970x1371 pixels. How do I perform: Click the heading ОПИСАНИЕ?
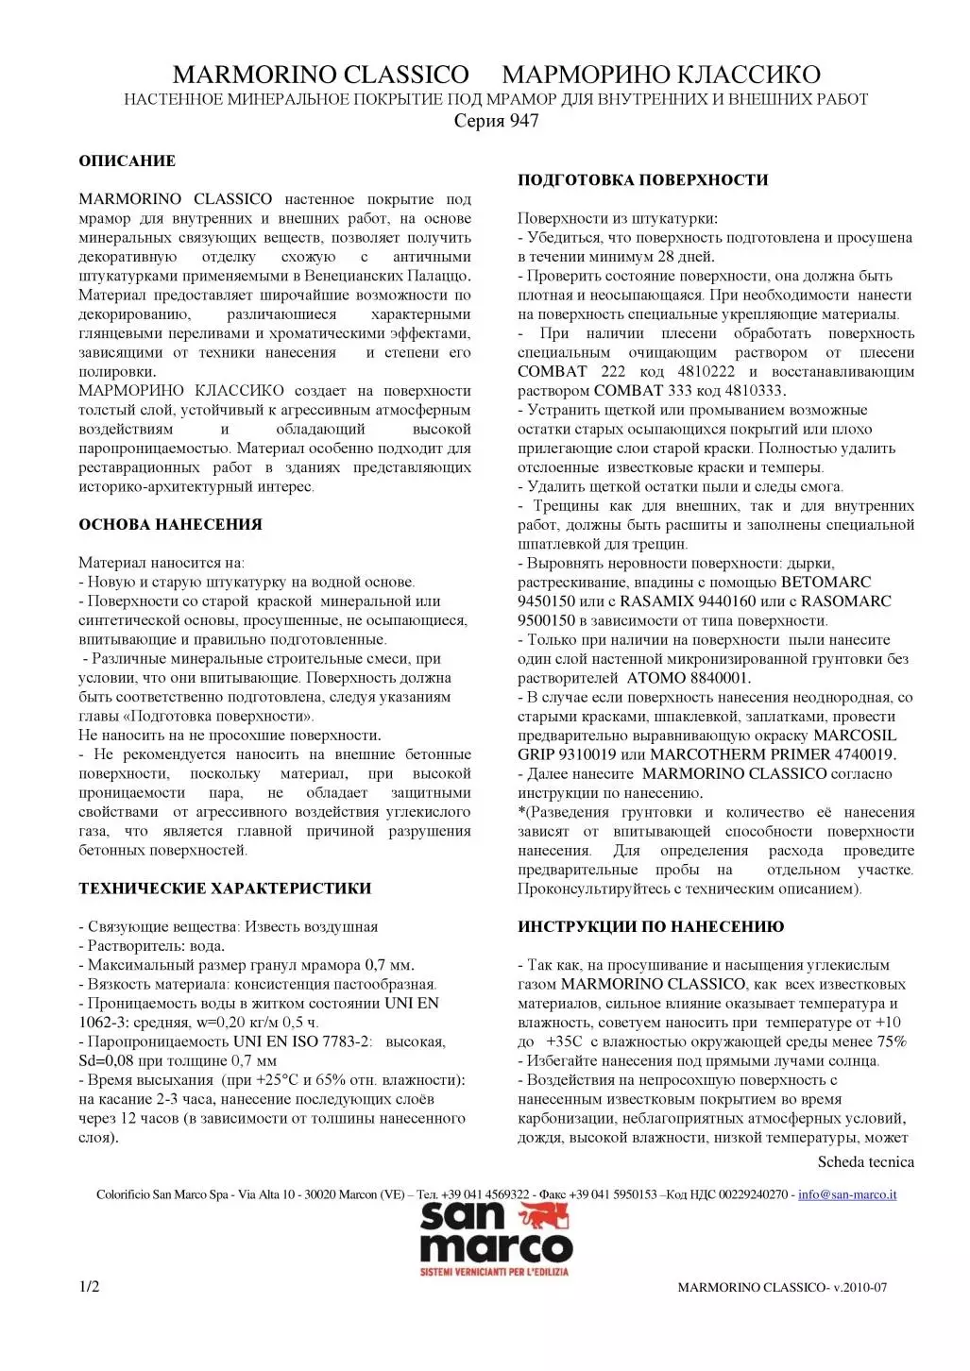(127, 161)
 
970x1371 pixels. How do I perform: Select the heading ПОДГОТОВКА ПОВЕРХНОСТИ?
(642, 179)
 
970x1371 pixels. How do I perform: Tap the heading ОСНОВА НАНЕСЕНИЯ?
(170, 524)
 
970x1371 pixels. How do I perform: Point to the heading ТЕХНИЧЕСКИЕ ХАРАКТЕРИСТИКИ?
(225, 888)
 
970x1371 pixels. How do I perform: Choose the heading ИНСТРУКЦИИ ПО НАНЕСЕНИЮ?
(650, 926)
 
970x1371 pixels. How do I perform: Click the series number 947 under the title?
(524, 121)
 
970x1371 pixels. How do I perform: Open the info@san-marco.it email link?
(847, 1194)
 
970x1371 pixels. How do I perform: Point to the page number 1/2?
(89, 1287)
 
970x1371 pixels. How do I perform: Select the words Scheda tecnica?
(865, 1161)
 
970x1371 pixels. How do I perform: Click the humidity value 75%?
(892, 1041)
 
